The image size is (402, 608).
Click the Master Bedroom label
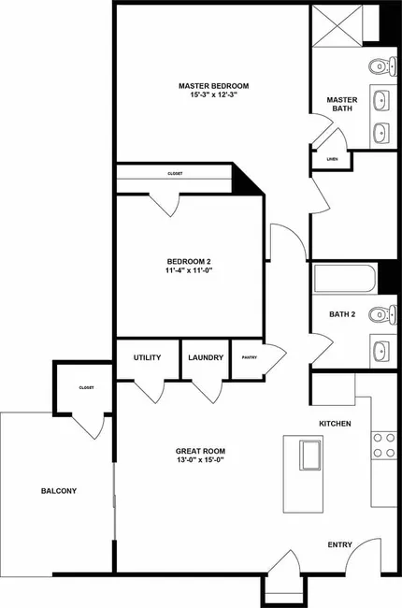coord(213,86)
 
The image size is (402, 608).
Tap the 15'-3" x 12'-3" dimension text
coord(213,94)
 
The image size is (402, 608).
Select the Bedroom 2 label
coord(189,261)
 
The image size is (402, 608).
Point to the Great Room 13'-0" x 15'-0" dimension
coord(200,460)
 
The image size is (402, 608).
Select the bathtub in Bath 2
coord(345,278)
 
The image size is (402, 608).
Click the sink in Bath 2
coord(381,351)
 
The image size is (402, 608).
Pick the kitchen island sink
coord(311,456)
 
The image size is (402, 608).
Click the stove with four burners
coord(384,445)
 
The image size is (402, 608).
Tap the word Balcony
coord(59,491)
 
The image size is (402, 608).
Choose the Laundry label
coord(206,357)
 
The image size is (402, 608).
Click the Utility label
coord(148,357)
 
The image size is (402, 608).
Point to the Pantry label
coord(250,357)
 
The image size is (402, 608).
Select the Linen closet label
coord(332,159)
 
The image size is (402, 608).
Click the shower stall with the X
coord(337,25)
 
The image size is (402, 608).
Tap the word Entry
coord(340,544)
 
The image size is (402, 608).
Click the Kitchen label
coord(335,424)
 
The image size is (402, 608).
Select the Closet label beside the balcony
coord(86,388)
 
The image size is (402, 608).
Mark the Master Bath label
coord(342,105)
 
